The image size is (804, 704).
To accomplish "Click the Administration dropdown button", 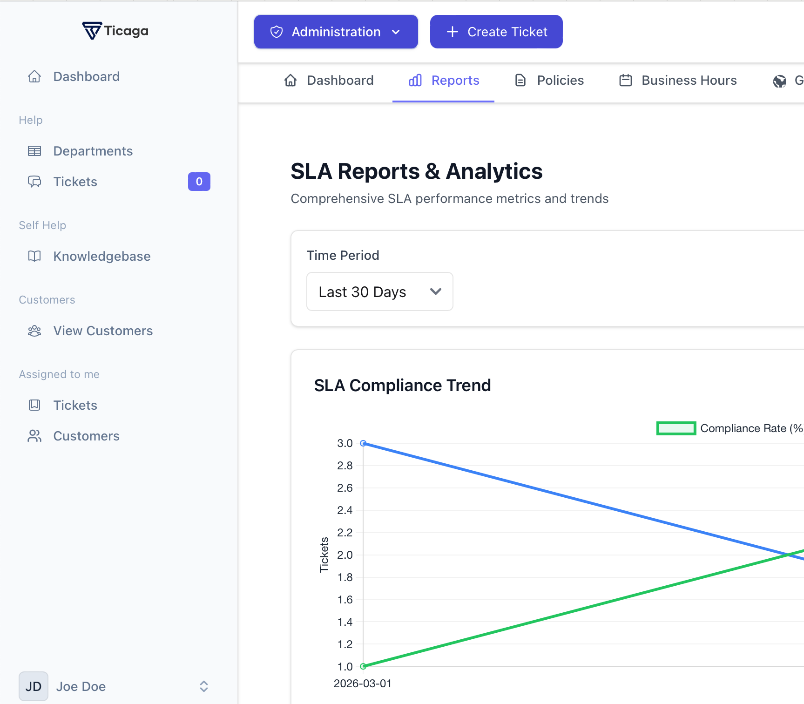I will pos(336,32).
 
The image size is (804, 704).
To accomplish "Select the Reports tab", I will pos(444,81).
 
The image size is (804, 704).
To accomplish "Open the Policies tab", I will pos(549,81).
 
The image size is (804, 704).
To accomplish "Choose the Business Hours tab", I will pos(678,81).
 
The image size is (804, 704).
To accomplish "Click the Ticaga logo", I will pos(115,31).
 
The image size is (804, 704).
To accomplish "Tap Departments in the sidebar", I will pos(93,151).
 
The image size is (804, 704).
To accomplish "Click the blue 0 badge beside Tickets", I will pos(199,182).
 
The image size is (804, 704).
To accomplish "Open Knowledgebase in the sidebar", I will pos(101,256).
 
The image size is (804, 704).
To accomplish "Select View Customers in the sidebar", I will pos(103,331).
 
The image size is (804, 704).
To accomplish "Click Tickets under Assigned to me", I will pos(75,405).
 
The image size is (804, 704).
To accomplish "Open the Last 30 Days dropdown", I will pos(379,291).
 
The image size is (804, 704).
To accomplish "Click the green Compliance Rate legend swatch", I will pos(676,428).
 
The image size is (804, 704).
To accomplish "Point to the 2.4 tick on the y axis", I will pos(345,510).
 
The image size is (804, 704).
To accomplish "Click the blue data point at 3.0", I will pos(363,443).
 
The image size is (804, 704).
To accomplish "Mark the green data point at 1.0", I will pos(363,666).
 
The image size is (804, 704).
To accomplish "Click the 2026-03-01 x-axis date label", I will pos(363,684).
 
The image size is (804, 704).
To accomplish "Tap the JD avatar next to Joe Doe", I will pos(34,686).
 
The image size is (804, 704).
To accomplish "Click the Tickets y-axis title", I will pos(324,555).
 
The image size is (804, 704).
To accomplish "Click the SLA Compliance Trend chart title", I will pos(402,386).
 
